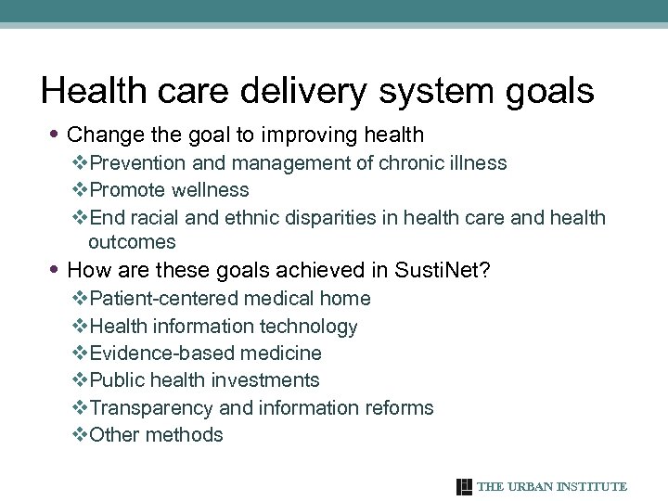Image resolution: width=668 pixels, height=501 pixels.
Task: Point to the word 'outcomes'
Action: (x=132, y=242)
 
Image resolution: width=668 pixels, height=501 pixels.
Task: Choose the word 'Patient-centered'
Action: (x=165, y=299)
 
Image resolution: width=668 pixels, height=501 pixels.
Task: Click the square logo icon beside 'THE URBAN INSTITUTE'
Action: (x=465, y=487)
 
